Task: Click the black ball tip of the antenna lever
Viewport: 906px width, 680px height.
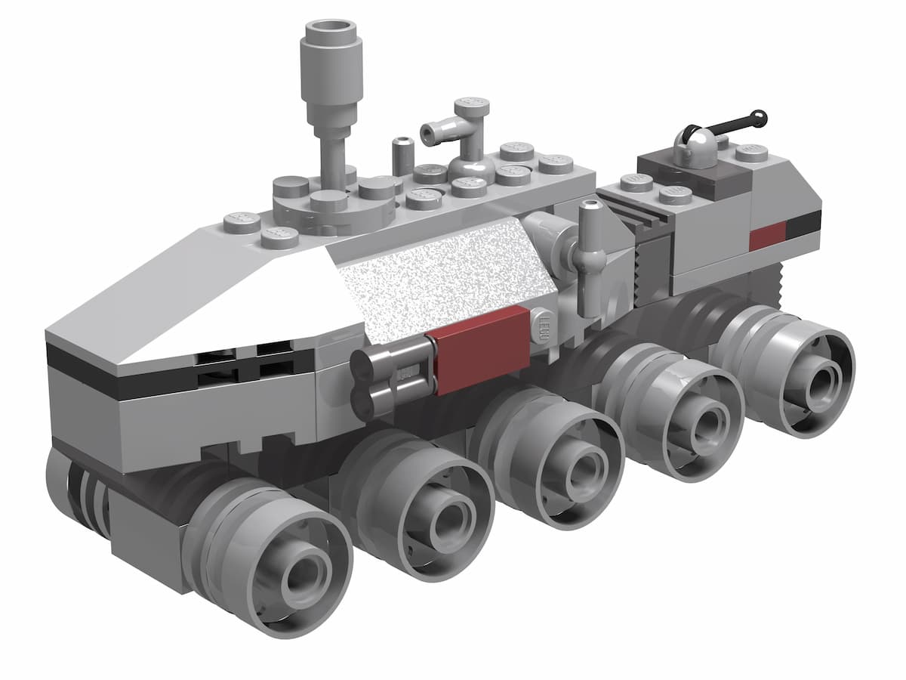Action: (x=758, y=118)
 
